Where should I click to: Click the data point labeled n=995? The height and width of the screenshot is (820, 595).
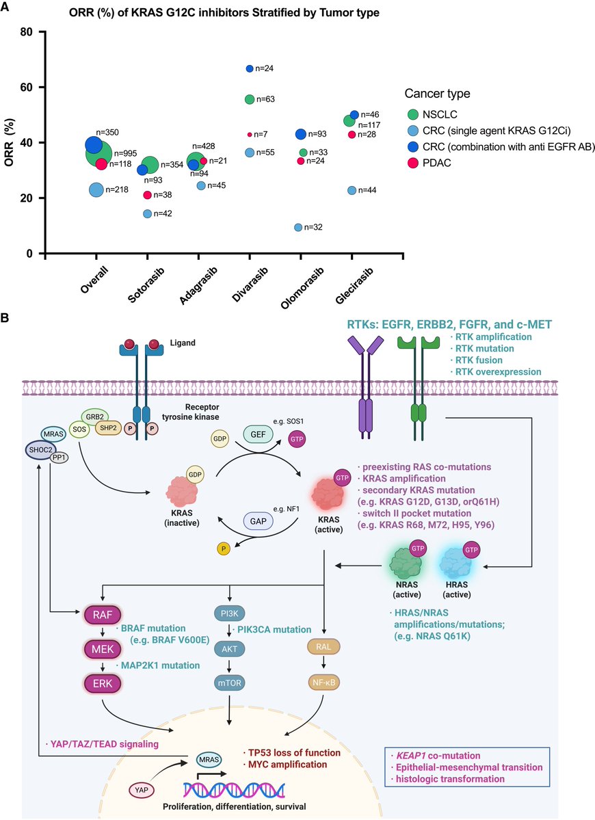click(x=100, y=155)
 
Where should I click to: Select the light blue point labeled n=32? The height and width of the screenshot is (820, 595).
click(x=298, y=227)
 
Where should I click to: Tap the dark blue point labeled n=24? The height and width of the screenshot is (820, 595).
click(x=250, y=68)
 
